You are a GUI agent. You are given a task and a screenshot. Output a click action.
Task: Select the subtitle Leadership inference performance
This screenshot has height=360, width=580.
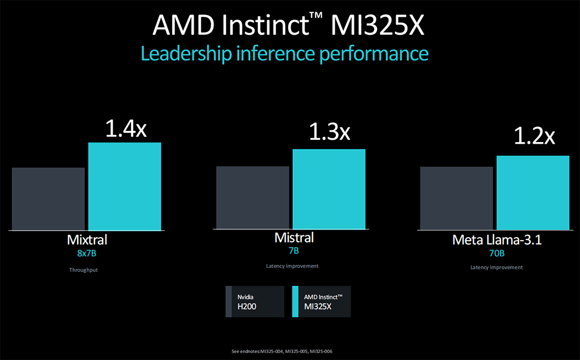click(284, 54)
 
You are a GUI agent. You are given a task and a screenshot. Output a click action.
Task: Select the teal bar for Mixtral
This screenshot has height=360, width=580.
click(125, 186)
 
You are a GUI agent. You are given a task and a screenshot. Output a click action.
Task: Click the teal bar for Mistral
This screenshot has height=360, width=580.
click(329, 189)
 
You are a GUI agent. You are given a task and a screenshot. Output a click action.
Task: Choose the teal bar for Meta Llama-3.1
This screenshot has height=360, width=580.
click(533, 192)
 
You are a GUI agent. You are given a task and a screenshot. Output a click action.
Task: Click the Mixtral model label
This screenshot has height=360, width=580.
click(87, 239)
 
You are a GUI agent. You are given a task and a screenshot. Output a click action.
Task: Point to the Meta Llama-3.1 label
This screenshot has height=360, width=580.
click(496, 240)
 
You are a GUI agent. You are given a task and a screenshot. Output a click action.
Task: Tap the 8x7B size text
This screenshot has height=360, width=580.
click(87, 253)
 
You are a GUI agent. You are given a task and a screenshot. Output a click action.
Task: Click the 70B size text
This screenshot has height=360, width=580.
click(496, 253)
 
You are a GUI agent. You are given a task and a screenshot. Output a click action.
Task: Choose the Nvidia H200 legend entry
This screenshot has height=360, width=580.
click(255, 301)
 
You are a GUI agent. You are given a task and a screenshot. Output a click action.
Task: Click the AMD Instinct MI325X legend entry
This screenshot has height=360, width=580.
click(321, 301)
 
